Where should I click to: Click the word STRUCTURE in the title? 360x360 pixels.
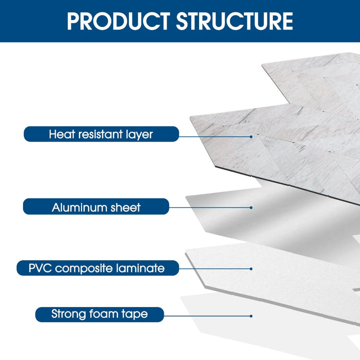pos(234,21)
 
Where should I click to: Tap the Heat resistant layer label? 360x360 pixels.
pos(101,134)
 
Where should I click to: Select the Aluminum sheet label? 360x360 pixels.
pos(96,206)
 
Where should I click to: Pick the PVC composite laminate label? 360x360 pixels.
pos(97,268)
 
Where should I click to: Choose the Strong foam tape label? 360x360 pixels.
pos(99,314)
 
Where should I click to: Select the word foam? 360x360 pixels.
pos(106,314)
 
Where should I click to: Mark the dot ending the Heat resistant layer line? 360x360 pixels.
pos(251,136)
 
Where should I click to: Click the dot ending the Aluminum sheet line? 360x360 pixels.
pos(251,207)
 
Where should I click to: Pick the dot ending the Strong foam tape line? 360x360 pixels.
pos(251,315)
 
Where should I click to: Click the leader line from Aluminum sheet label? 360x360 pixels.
pos(210,207)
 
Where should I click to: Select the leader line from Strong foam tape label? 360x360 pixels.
pos(207,315)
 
